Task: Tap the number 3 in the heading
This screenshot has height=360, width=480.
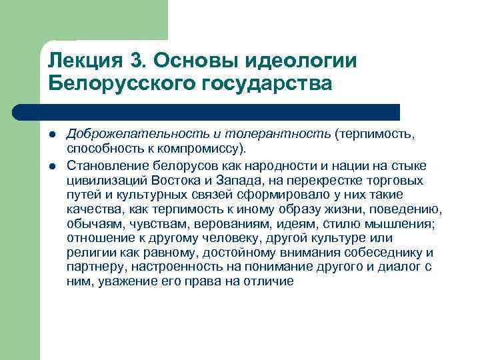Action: click(x=137, y=61)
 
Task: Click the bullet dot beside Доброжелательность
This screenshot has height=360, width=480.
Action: click(x=52, y=135)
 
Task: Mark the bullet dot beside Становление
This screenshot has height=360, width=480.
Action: click(x=52, y=165)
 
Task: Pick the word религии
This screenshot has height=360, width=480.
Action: click(x=89, y=253)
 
